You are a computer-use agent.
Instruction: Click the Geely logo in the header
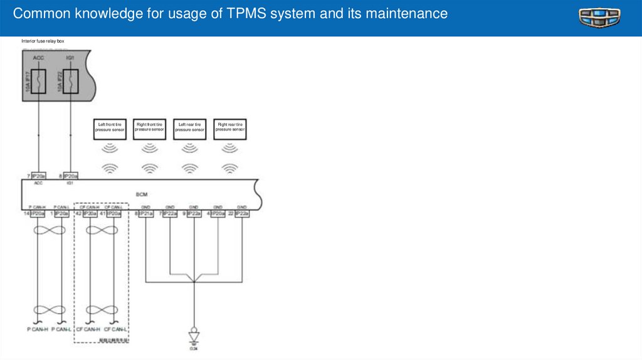click(599, 18)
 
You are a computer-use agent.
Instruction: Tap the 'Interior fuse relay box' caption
click(43, 41)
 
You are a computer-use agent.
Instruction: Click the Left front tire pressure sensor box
click(110, 127)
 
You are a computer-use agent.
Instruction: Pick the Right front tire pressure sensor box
click(149, 127)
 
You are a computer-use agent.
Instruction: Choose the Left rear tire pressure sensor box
click(189, 127)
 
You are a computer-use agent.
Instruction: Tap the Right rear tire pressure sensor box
click(230, 127)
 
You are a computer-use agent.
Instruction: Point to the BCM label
click(141, 194)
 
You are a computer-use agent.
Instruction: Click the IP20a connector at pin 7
click(38, 176)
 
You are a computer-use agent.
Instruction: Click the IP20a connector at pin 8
click(70, 176)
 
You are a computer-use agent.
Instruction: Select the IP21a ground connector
click(145, 214)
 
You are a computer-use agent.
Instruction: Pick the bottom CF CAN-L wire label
click(115, 329)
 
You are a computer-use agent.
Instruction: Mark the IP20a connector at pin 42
click(90, 214)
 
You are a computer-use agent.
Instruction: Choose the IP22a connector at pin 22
click(242, 214)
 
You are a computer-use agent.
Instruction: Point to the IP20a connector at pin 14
click(38, 214)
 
